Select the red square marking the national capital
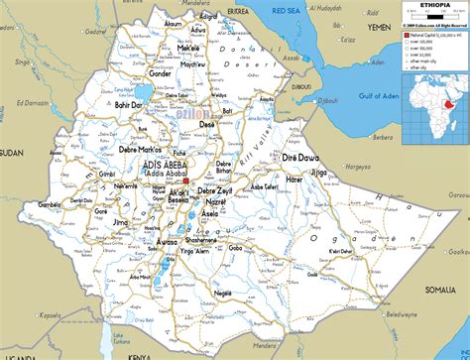pos(181,180)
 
